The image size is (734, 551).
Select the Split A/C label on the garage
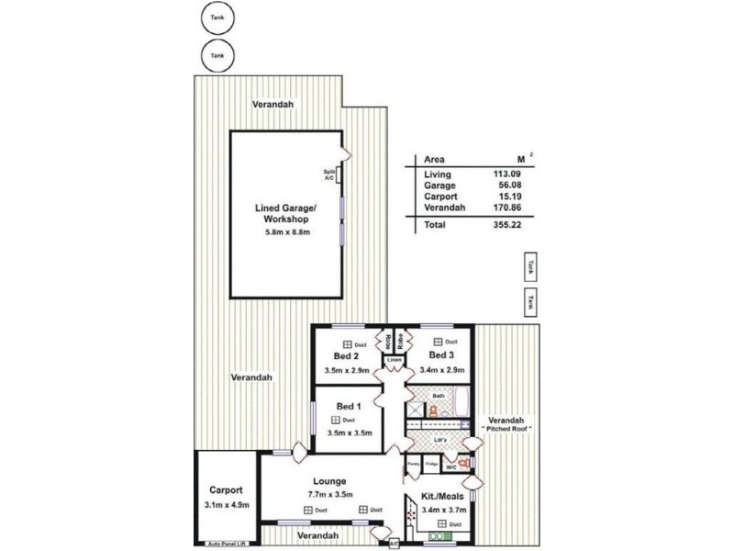pos(329,174)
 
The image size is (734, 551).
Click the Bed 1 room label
pos(348,406)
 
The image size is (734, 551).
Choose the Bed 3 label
pos(441,354)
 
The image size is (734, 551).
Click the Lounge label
pos(328,480)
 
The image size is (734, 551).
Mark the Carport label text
pos(225,489)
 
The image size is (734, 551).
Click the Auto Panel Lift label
pos(228,543)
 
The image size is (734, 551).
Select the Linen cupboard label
pos(394,360)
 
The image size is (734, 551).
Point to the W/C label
pos(450,467)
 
